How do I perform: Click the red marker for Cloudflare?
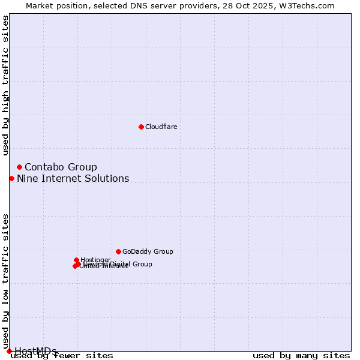(141, 127)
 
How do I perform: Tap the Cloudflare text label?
(161, 127)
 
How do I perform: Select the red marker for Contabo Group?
(19, 167)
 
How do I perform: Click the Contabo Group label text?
(61, 167)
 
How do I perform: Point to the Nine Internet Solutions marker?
(11, 178)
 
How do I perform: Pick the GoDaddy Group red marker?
(118, 251)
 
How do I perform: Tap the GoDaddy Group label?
(148, 251)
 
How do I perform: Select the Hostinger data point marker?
(76, 260)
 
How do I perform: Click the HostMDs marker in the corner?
(9, 351)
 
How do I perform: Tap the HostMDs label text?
(35, 350)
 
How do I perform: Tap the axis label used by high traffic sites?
(5, 85)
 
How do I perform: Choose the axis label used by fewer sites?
(62, 355)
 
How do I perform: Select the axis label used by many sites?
(301, 355)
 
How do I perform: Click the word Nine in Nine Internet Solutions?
(27, 178)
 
